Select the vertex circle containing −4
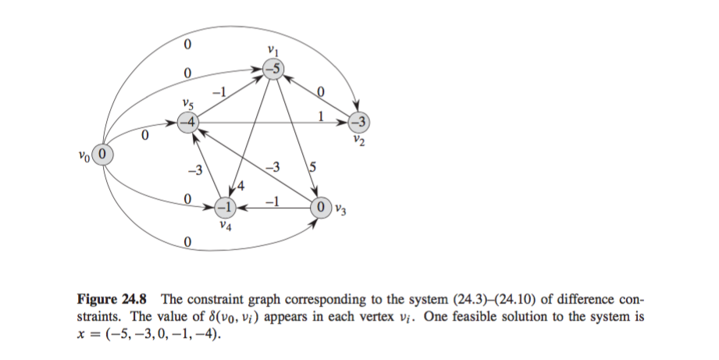(x=187, y=123)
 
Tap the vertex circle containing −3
(x=358, y=123)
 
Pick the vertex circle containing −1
(x=225, y=209)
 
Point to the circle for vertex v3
(x=321, y=209)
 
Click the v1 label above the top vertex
(x=272, y=51)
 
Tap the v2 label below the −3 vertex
(x=358, y=141)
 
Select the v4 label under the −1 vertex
(x=225, y=226)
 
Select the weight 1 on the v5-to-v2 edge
(x=321, y=116)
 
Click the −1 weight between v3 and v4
(x=271, y=200)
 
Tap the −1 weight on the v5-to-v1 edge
(x=221, y=91)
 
